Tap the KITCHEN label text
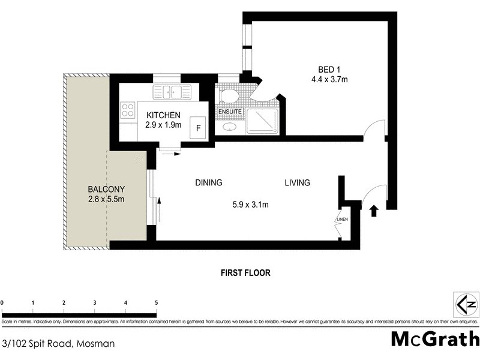pos(163,115)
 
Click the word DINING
pos(208,182)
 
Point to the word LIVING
pos(297,182)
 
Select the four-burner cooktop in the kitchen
pos(128,110)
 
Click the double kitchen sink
pos(172,92)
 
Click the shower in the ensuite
pos(262,122)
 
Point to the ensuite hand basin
pos(229,127)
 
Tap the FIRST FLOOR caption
pos(246,272)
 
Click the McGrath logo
pos(435,338)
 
